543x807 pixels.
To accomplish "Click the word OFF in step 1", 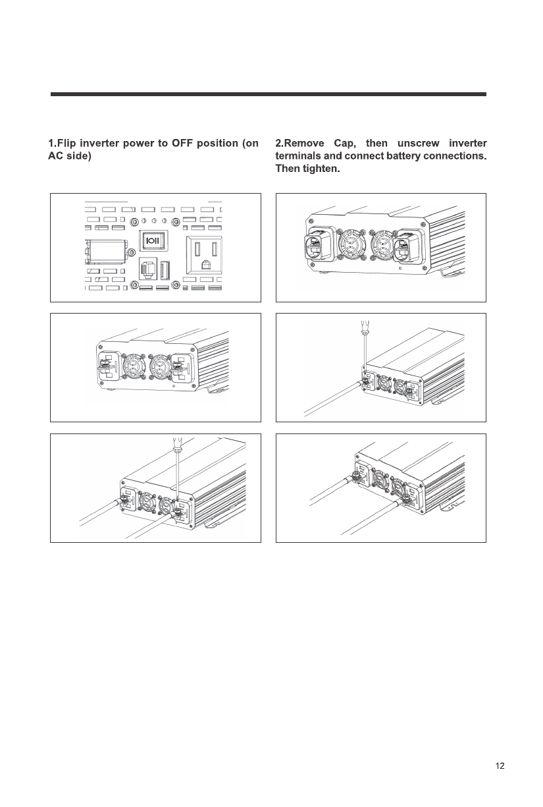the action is click(x=182, y=144).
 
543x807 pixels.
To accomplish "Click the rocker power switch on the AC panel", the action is click(x=153, y=240).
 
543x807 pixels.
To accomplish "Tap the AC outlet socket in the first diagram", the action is click(x=204, y=255).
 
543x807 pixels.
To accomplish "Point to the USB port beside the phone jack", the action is click(x=166, y=269).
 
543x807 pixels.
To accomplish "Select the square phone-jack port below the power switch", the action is click(x=148, y=269).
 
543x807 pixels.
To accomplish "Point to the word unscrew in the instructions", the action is click(x=419, y=144).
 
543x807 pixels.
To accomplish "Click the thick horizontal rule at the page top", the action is click(x=269, y=94).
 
